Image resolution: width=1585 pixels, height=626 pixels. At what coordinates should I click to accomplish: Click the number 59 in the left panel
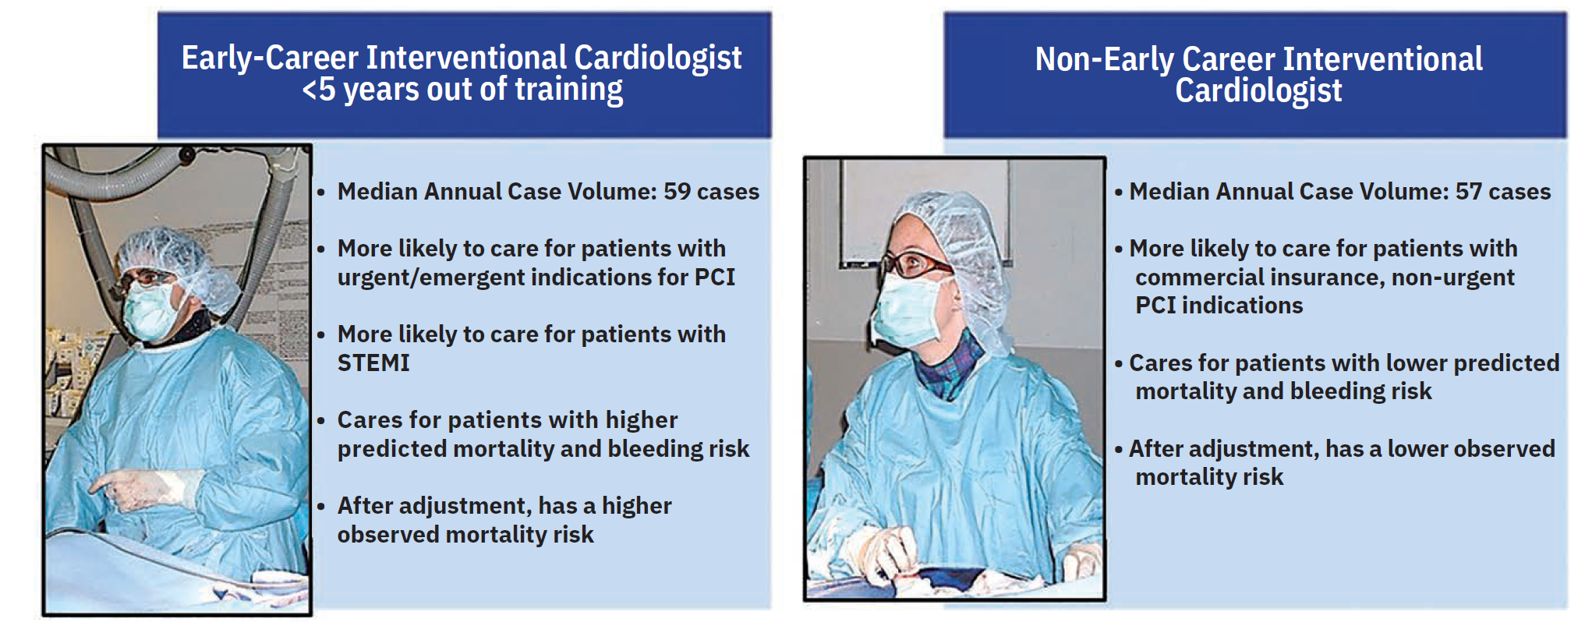pyautogui.click(x=677, y=192)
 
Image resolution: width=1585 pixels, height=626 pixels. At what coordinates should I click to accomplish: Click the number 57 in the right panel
pyautogui.click(x=1469, y=192)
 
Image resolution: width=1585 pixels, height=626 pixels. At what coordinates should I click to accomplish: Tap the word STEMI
pyautogui.click(x=373, y=363)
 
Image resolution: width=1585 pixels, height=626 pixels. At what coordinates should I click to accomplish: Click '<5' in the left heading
pyautogui.click(x=319, y=90)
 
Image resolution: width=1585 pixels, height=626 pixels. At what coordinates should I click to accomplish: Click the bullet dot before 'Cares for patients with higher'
pyautogui.click(x=320, y=421)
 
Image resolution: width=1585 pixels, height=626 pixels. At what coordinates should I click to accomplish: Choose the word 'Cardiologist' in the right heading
pyautogui.click(x=1258, y=91)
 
